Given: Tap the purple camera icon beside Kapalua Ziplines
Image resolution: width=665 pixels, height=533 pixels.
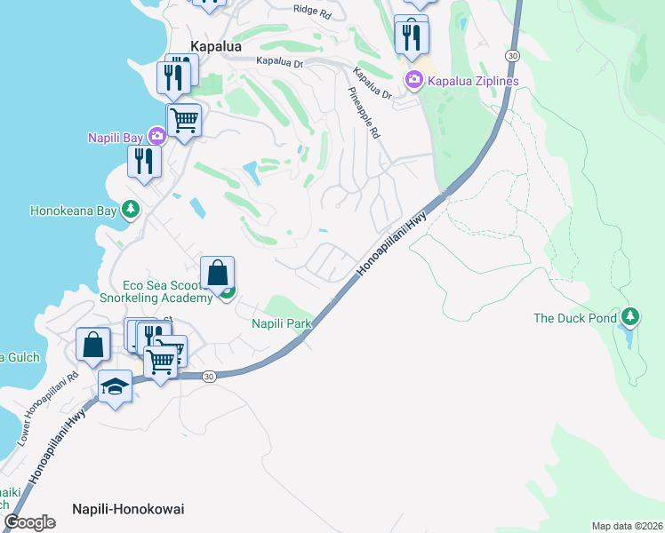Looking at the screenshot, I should pyautogui.click(x=413, y=82).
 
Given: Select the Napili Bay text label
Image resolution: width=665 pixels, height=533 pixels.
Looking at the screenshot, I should pyautogui.click(x=116, y=137).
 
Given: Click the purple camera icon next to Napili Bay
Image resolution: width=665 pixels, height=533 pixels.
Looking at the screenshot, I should pyautogui.click(x=157, y=136).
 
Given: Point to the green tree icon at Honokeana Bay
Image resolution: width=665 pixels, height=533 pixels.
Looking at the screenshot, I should pyautogui.click(x=131, y=210).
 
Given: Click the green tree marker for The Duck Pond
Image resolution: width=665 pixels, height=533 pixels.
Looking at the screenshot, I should pyautogui.click(x=630, y=316).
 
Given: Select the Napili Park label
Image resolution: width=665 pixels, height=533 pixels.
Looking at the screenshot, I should pyautogui.click(x=282, y=323).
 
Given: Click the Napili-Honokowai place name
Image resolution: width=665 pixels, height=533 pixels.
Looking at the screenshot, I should pyautogui.click(x=128, y=508).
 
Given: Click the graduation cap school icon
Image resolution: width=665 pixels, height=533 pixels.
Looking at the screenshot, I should pyautogui.click(x=115, y=386).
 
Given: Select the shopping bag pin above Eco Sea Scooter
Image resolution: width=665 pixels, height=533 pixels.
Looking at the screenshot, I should pyautogui.click(x=218, y=273).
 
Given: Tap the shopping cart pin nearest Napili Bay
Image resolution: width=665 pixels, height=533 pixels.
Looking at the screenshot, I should pyautogui.click(x=184, y=119).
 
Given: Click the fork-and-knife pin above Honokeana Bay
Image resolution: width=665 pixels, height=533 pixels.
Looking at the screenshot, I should pyautogui.click(x=143, y=161).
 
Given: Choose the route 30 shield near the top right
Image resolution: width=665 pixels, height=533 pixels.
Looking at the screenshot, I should pyautogui.click(x=512, y=55).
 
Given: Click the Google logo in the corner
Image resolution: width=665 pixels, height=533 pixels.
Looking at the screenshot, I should pyautogui.click(x=30, y=522).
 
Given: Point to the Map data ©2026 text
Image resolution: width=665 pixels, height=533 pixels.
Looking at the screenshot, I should pyautogui.click(x=627, y=525).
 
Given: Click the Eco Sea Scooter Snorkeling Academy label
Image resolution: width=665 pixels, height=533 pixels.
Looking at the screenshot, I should pyautogui.click(x=168, y=291).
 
